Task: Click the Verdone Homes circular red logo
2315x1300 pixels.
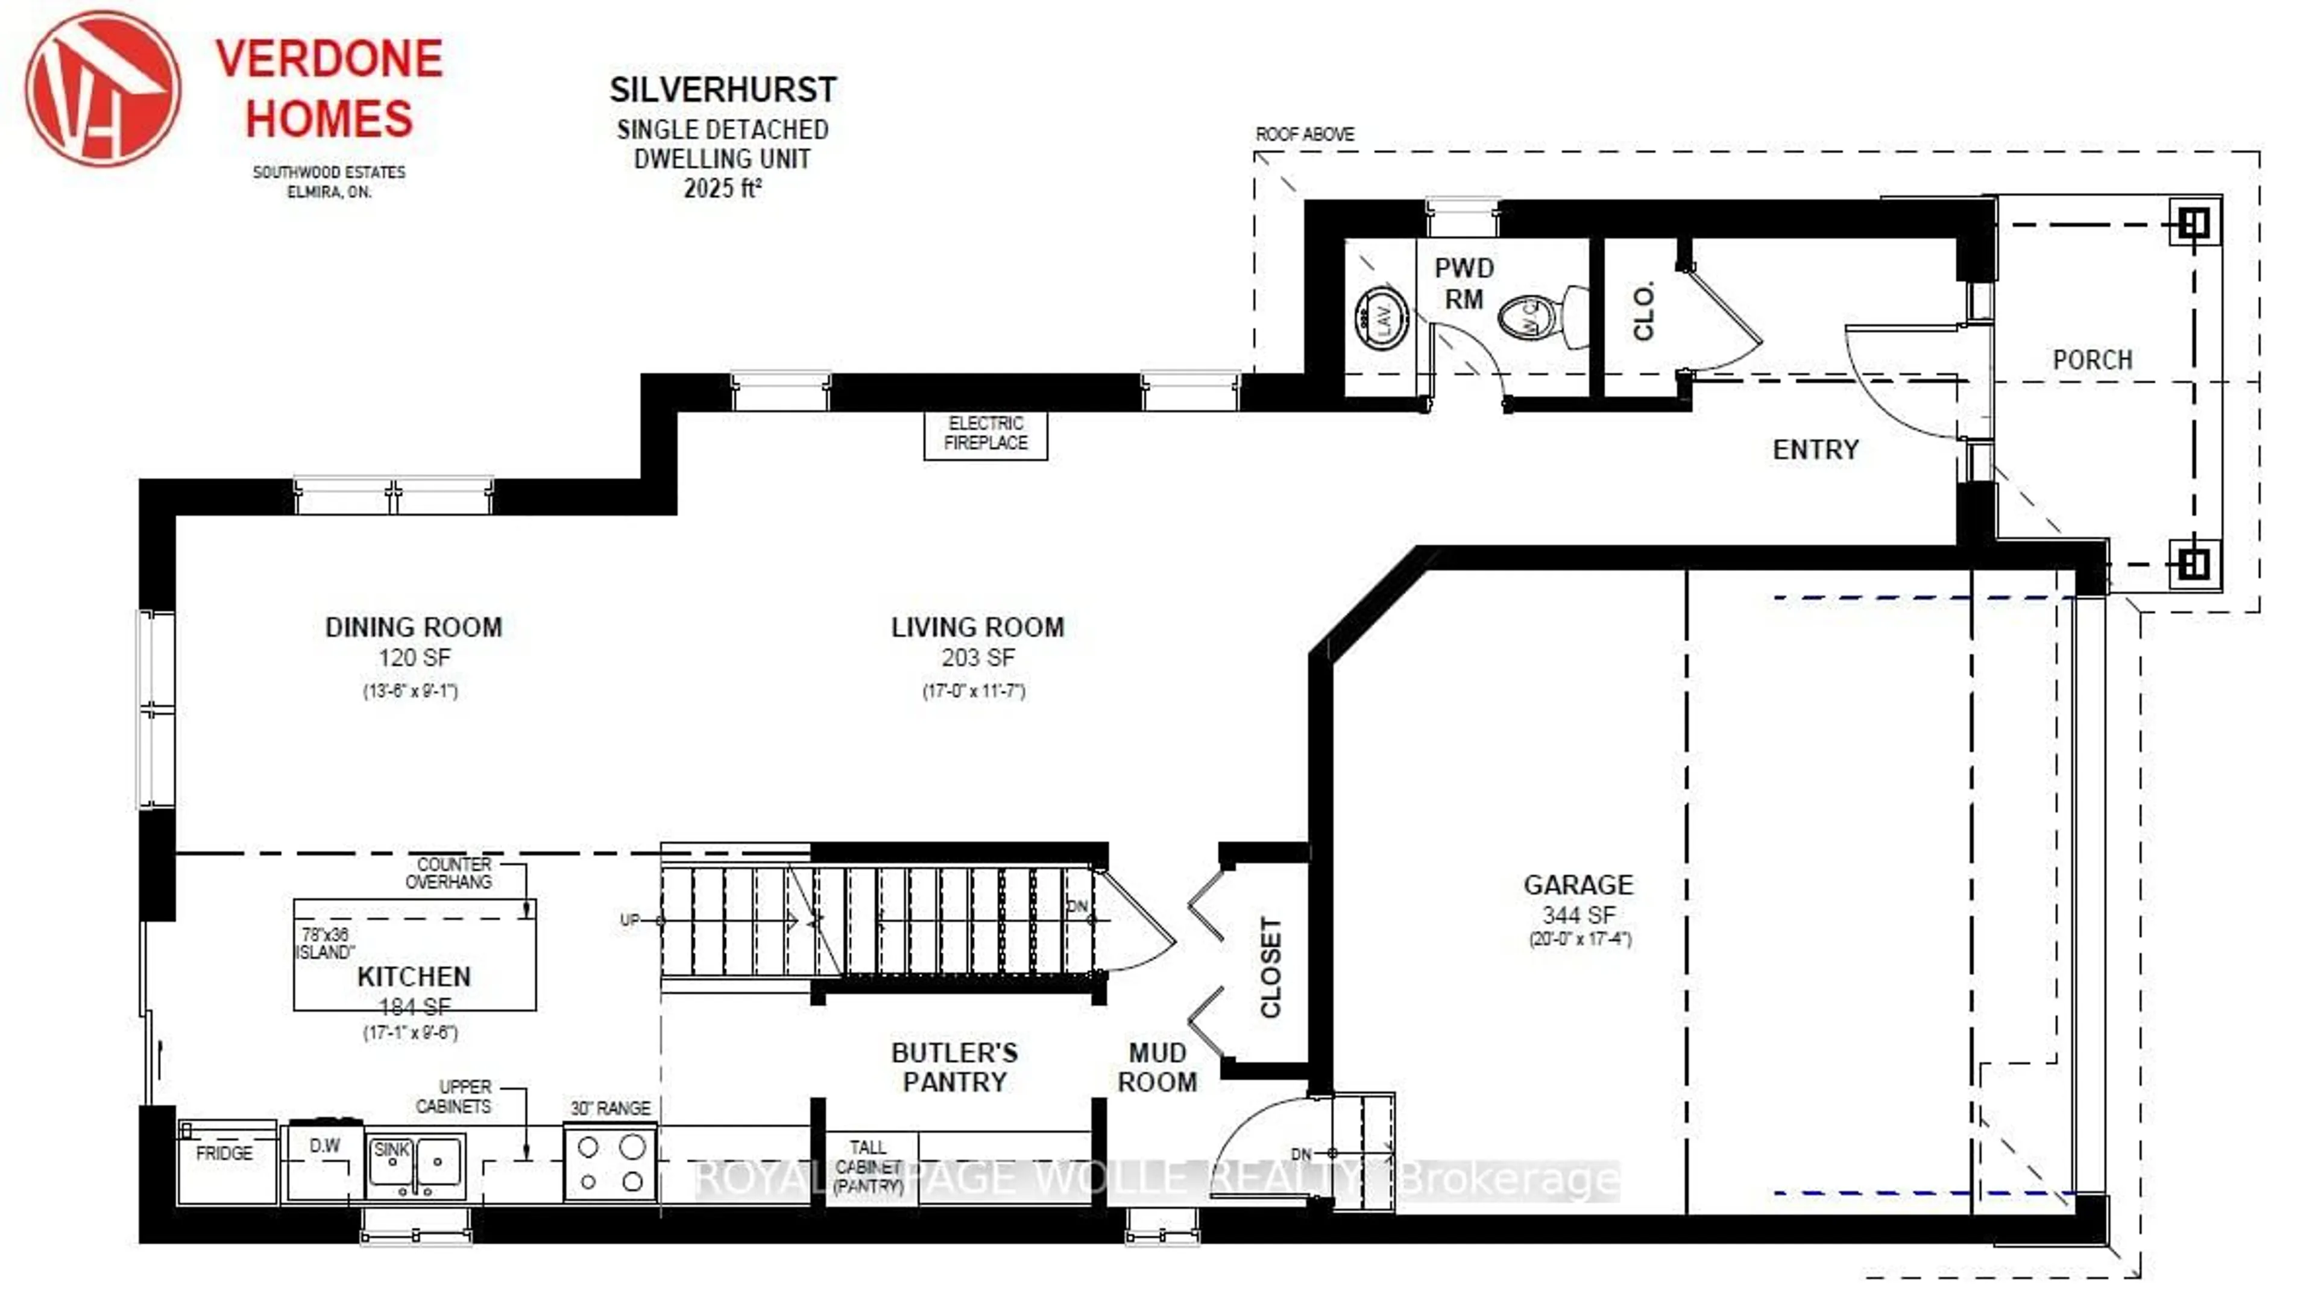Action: [x=102, y=88]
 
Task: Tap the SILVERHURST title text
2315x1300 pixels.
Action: [x=723, y=90]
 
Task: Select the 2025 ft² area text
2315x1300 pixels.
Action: [x=723, y=189]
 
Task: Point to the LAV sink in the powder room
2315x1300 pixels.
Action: [x=1381, y=317]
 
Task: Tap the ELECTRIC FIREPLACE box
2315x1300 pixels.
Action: [x=985, y=434]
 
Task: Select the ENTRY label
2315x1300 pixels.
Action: [x=1815, y=450]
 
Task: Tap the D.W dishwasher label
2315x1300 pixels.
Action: [x=324, y=1146]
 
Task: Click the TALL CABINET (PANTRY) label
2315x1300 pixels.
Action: [x=868, y=1167]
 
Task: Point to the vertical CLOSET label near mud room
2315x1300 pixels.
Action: [x=1270, y=967]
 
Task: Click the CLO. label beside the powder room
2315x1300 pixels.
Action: [x=1643, y=311]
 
